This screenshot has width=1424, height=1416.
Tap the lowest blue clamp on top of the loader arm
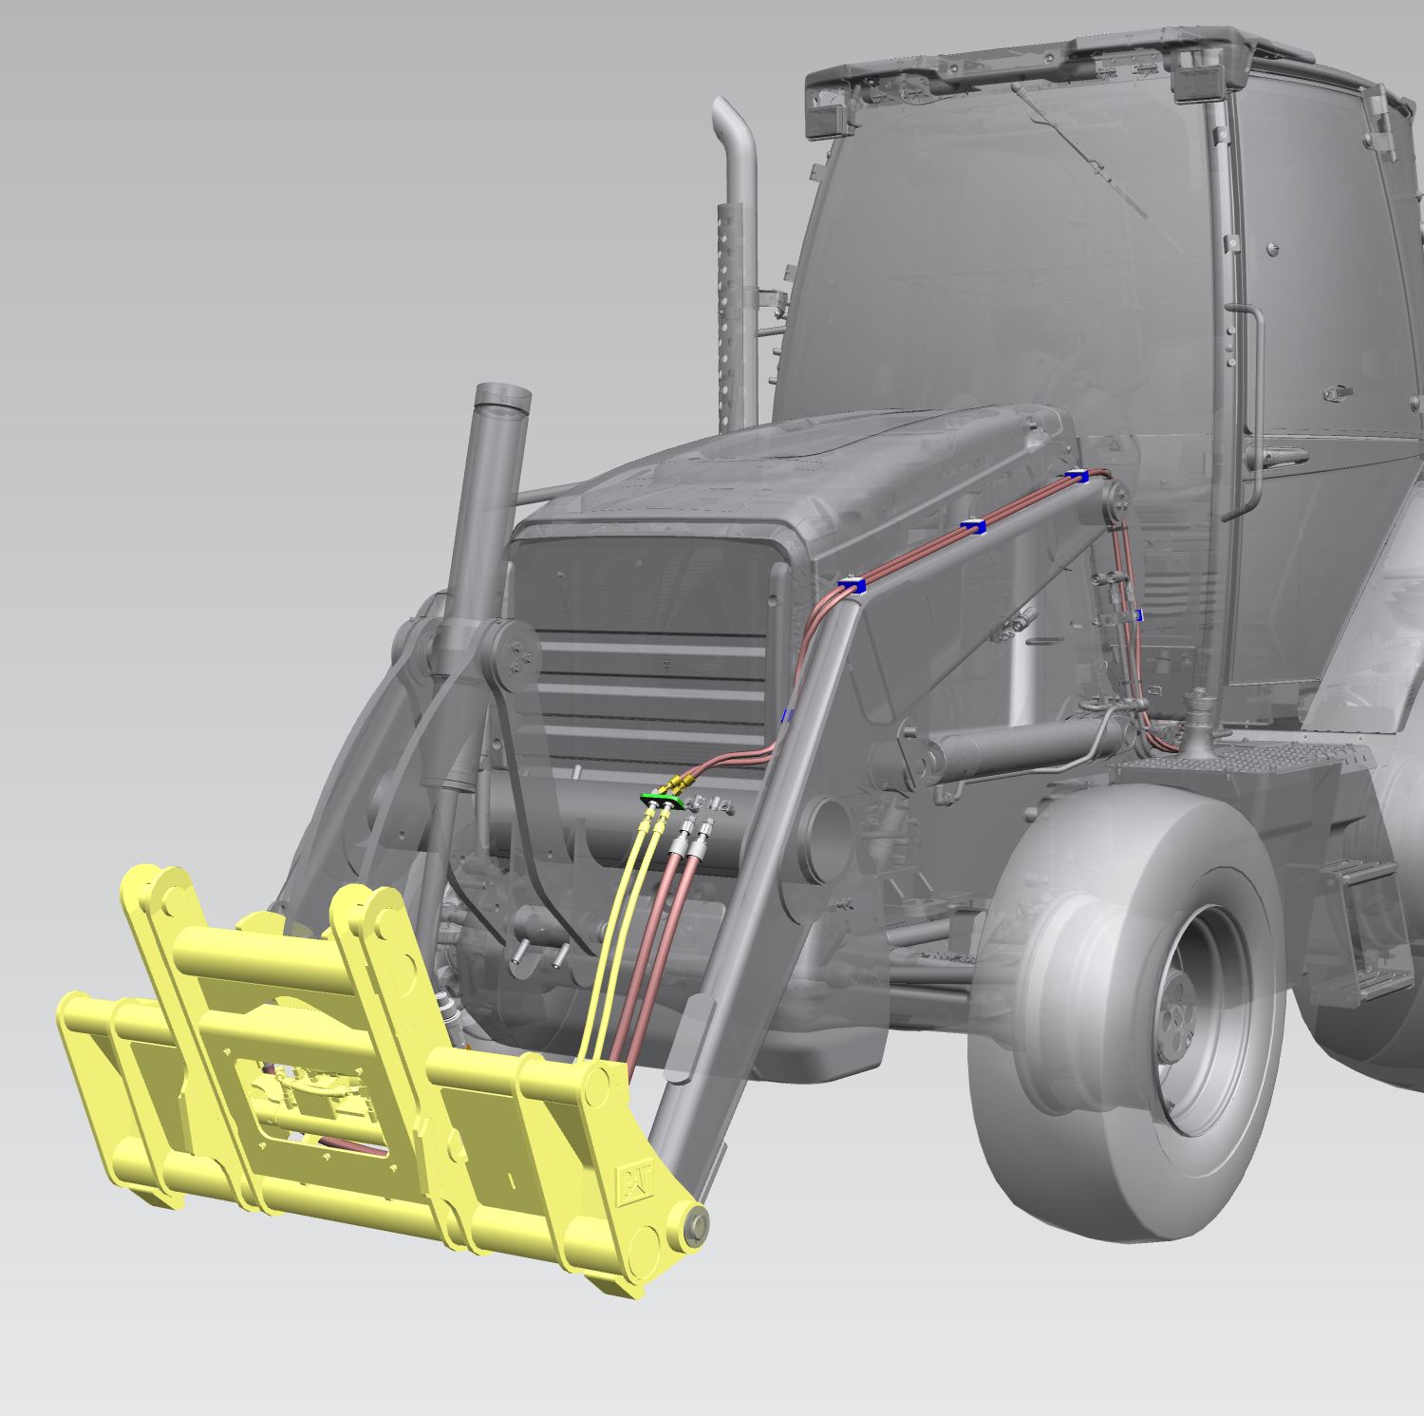[851, 586]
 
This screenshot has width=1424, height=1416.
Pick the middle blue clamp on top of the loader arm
[973, 525]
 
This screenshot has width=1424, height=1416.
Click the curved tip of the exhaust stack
[733, 123]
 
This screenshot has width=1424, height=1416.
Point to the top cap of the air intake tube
[502, 396]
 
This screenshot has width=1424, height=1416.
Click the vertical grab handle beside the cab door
[1251, 408]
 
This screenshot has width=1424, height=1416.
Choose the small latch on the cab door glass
[1339, 391]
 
